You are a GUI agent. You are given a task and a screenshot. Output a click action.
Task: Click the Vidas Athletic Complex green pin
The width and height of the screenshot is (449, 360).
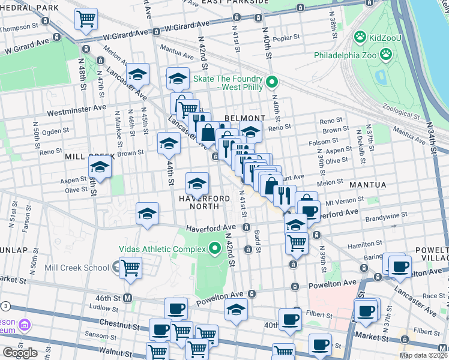[214, 249]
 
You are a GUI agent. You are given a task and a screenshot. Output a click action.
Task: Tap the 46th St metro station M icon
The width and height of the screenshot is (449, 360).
[127, 298]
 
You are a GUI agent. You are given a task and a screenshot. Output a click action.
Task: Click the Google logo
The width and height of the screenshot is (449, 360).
[20, 353]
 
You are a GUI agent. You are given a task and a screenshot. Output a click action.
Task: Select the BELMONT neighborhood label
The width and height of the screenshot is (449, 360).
[245, 118]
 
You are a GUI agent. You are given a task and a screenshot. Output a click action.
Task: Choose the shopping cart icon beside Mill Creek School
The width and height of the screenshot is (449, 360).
[130, 267]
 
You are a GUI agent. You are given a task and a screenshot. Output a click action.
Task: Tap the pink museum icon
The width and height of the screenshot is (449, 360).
[25, 325]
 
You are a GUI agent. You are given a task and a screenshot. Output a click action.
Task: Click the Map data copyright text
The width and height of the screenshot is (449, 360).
[423, 355]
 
